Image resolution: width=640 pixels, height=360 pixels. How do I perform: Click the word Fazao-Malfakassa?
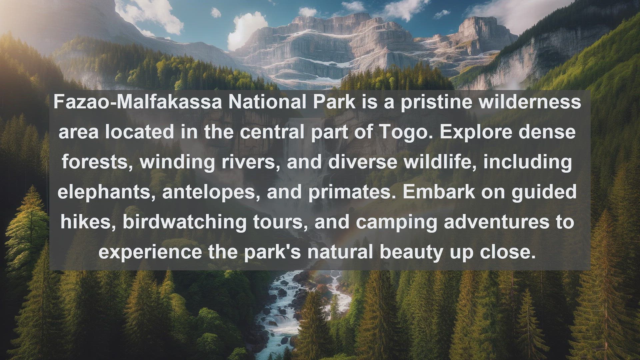(x=138, y=102)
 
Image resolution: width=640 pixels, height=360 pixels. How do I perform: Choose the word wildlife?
(x=440, y=162)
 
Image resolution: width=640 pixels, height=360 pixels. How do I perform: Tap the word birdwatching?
(x=185, y=222)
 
